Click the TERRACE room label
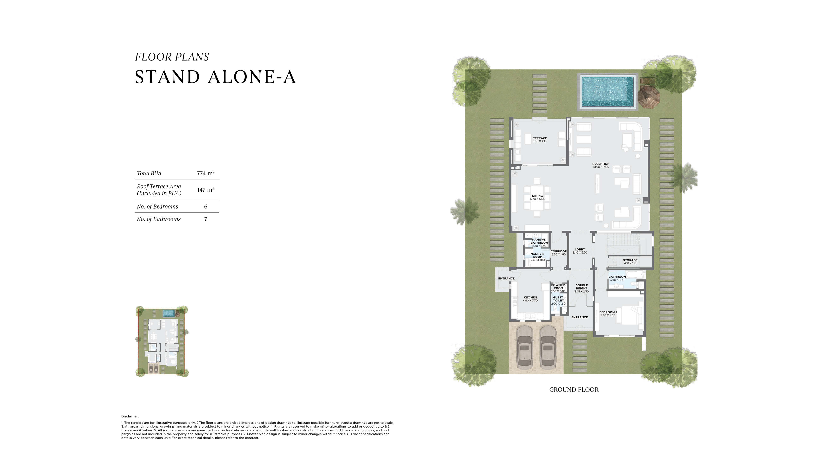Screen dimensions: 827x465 click(x=540, y=138)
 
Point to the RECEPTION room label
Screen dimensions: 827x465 click(x=601, y=164)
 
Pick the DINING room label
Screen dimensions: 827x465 click(x=537, y=196)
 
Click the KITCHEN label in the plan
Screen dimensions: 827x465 click(x=530, y=297)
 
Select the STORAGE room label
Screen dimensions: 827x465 click(x=630, y=260)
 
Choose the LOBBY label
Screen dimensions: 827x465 click(x=580, y=249)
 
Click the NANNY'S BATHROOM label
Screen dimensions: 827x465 click(x=539, y=241)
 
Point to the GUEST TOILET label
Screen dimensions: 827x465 click(x=558, y=299)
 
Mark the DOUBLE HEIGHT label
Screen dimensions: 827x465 click(x=581, y=287)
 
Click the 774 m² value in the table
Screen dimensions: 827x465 click(x=206, y=173)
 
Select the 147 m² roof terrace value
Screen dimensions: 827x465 click(x=206, y=190)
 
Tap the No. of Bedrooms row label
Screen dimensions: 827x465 click(x=157, y=206)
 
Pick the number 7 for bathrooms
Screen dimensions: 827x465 click(x=206, y=219)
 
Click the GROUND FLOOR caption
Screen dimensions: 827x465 click(x=574, y=390)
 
